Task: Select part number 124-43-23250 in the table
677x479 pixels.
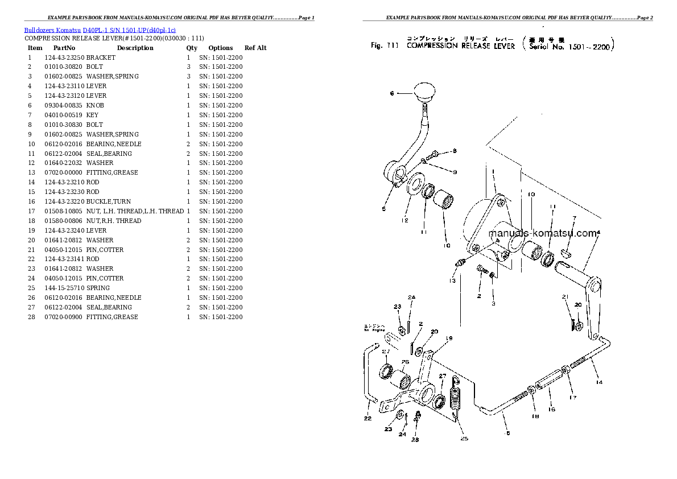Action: [64, 57]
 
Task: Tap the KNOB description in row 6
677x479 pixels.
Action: [95, 105]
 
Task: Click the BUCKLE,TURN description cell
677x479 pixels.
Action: [108, 201]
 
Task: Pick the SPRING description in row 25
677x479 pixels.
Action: [98, 288]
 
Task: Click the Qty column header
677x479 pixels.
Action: [192, 48]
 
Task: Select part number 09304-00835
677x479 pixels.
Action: [64, 105]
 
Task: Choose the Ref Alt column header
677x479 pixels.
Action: [255, 48]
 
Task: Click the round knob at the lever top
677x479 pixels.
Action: [425, 90]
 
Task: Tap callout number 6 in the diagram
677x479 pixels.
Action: [391, 93]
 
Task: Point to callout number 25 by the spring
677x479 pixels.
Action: [464, 439]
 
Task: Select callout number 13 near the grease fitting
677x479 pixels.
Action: [452, 281]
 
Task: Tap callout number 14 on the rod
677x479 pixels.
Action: [598, 383]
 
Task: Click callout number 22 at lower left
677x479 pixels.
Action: [368, 419]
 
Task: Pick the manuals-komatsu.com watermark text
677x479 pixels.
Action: [543, 233]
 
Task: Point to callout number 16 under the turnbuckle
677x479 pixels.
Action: [551, 409]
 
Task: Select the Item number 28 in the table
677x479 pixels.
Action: [31, 317]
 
